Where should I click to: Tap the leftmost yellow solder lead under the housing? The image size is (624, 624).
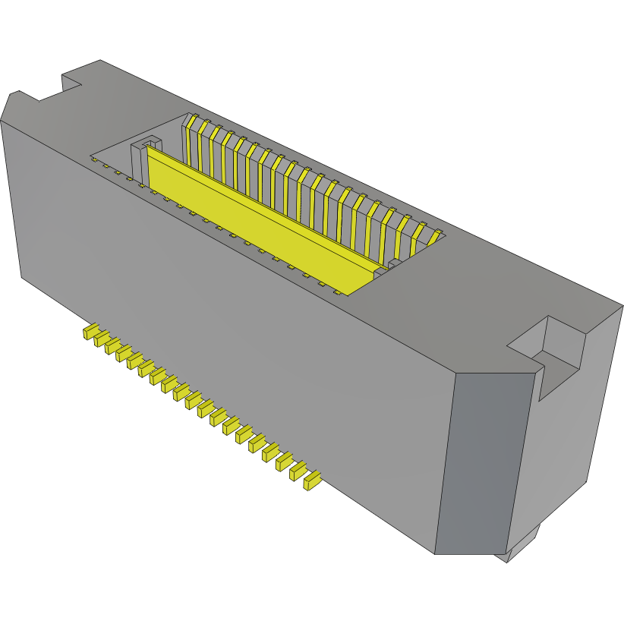click(91, 332)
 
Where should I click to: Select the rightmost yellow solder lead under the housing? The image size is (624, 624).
click(310, 481)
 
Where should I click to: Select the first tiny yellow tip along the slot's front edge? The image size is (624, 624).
click(93, 159)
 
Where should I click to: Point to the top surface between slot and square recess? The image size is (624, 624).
click(471, 296)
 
